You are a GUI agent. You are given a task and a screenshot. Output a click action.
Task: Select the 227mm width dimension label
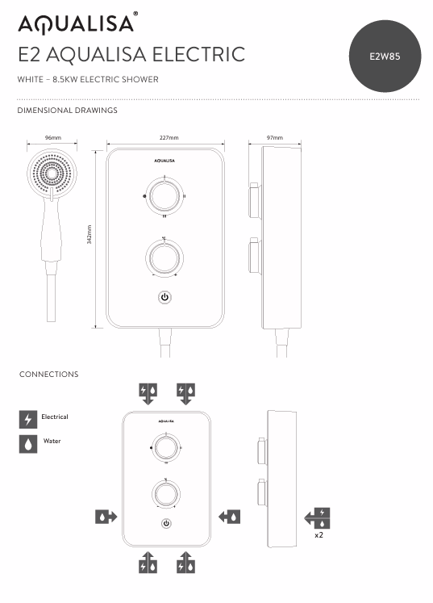[169, 138]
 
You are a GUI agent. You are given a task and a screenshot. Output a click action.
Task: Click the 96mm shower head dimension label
[52, 138]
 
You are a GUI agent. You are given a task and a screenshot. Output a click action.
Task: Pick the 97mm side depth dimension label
[275, 138]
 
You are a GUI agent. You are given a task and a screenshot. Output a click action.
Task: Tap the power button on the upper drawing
[165, 297]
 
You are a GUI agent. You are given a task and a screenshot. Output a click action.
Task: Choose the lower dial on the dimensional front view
[164, 258]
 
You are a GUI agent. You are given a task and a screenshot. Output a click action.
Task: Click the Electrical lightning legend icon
[28, 419]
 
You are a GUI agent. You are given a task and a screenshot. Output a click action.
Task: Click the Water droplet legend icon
[28, 443]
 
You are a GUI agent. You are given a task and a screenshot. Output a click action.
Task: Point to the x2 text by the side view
[320, 534]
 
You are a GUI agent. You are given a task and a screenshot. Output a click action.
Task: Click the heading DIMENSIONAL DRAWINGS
[68, 110]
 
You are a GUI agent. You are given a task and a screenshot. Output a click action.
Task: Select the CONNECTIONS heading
[49, 375]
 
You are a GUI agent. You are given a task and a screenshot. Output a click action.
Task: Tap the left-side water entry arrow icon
[106, 516]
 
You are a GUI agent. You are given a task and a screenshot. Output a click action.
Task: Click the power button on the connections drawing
[166, 523]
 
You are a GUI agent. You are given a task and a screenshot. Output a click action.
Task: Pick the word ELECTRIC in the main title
[205, 55]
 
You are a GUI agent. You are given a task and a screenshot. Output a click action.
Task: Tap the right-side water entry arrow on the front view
[228, 516]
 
